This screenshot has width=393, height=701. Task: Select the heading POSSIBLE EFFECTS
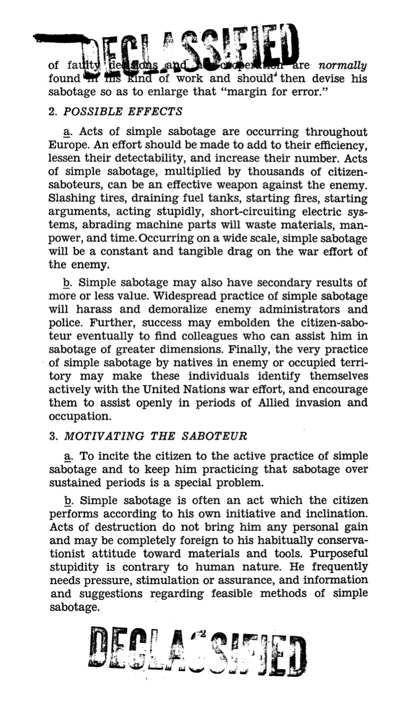[x=123, y=112]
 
